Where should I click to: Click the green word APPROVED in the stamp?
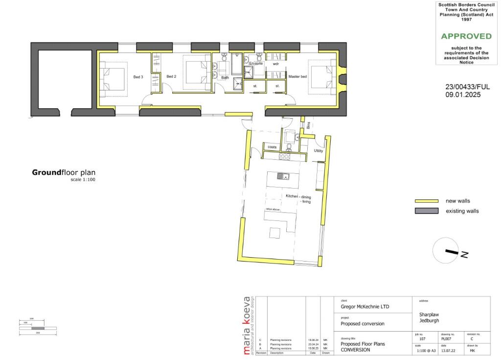click(466, 36)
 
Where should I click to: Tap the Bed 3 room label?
click(138, 77)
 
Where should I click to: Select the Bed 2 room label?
click(171, 76)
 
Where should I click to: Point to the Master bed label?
click(297, 77)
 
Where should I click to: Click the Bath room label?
click(225, 77)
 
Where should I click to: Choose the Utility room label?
click(319, 151)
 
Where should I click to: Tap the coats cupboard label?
click(273, 147)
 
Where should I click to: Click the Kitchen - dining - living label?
click(298, 198)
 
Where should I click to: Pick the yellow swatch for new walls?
click(426, 201)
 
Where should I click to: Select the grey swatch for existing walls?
click(426, 211)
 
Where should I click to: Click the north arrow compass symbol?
click(447, 251)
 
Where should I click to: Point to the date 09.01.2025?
click(462, 95)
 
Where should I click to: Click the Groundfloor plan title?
click(64, 172)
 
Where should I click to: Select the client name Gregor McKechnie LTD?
click(368, 308)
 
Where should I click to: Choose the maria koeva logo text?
click(247, 325)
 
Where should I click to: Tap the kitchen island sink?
click(282, 176)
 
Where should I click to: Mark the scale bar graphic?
click(38, 328)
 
